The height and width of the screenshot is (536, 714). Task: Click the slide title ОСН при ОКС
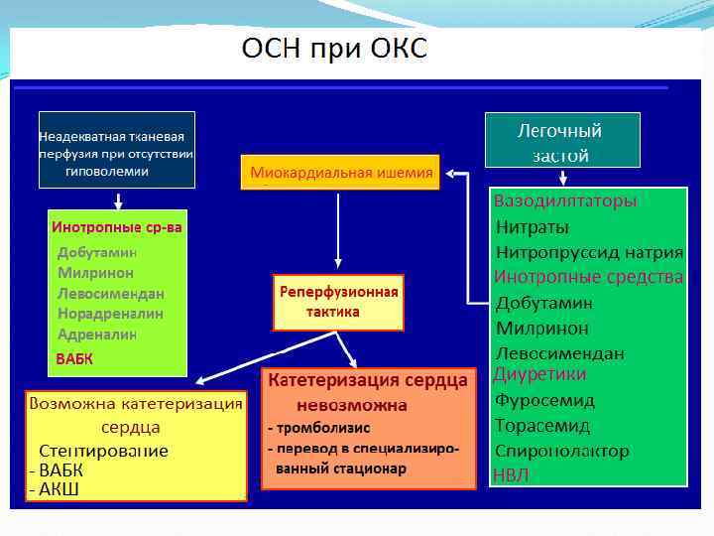click(x=335, y=49)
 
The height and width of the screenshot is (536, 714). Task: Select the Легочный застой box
click(x=561, y=140)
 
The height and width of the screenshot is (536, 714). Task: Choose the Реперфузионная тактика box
click(x=338, y=302)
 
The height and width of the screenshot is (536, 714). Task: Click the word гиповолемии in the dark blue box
click(x=106, y=172)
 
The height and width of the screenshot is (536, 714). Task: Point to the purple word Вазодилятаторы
click(x=565, y=201)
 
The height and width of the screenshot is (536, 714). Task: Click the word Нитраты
click(x=533, y=226)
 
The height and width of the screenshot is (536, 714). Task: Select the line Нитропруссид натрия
click(x=589, y=252)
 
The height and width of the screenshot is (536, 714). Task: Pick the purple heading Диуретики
click(x=539, y=374)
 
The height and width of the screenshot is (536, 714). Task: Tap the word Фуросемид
click(x=544, y=401)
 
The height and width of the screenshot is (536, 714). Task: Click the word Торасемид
click(x=542, y=426)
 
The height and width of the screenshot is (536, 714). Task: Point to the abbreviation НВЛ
click(x=512, y=475)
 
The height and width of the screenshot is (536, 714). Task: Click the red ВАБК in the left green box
click(x=74, y=359)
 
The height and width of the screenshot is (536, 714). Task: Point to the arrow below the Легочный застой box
click(x=562, y=178)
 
